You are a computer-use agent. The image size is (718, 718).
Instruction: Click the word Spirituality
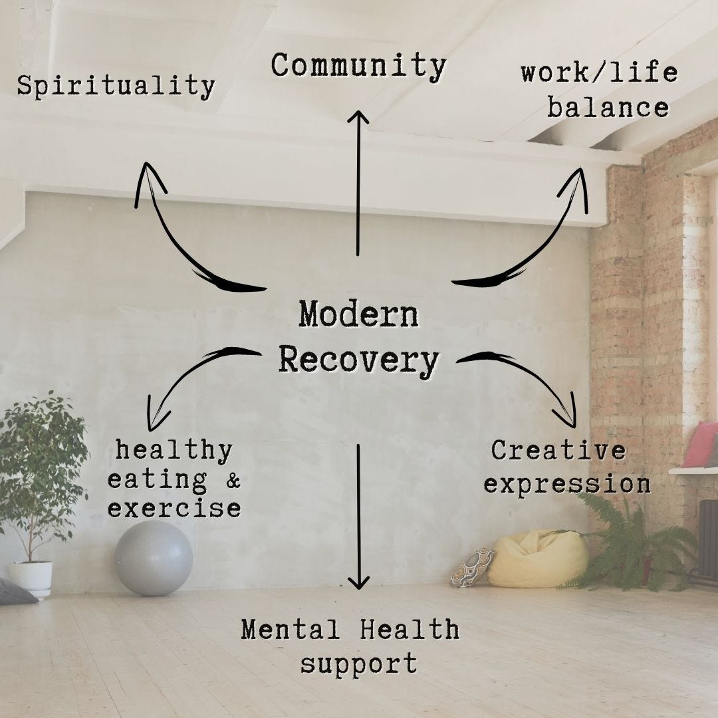coord(116,86)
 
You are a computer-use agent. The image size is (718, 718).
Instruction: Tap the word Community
coord(358,66)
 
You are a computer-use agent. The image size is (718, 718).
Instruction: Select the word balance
coord(608,108)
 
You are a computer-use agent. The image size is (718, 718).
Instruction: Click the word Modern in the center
coord(358,314)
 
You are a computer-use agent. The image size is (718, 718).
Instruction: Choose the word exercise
coord(174,509)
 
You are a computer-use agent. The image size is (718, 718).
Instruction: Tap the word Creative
coord(558,451)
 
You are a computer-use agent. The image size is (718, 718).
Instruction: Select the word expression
coord(566,484)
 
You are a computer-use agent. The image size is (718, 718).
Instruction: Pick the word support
coord(358,663)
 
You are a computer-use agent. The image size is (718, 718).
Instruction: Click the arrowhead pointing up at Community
coord(358,117)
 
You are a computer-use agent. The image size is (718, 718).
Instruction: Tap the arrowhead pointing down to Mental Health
coord(358,584)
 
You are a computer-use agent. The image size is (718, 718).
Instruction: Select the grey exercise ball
coord(154,558)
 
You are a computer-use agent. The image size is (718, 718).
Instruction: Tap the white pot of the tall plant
coord(31,577)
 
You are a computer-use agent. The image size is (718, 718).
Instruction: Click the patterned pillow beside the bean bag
coord(471,567)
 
